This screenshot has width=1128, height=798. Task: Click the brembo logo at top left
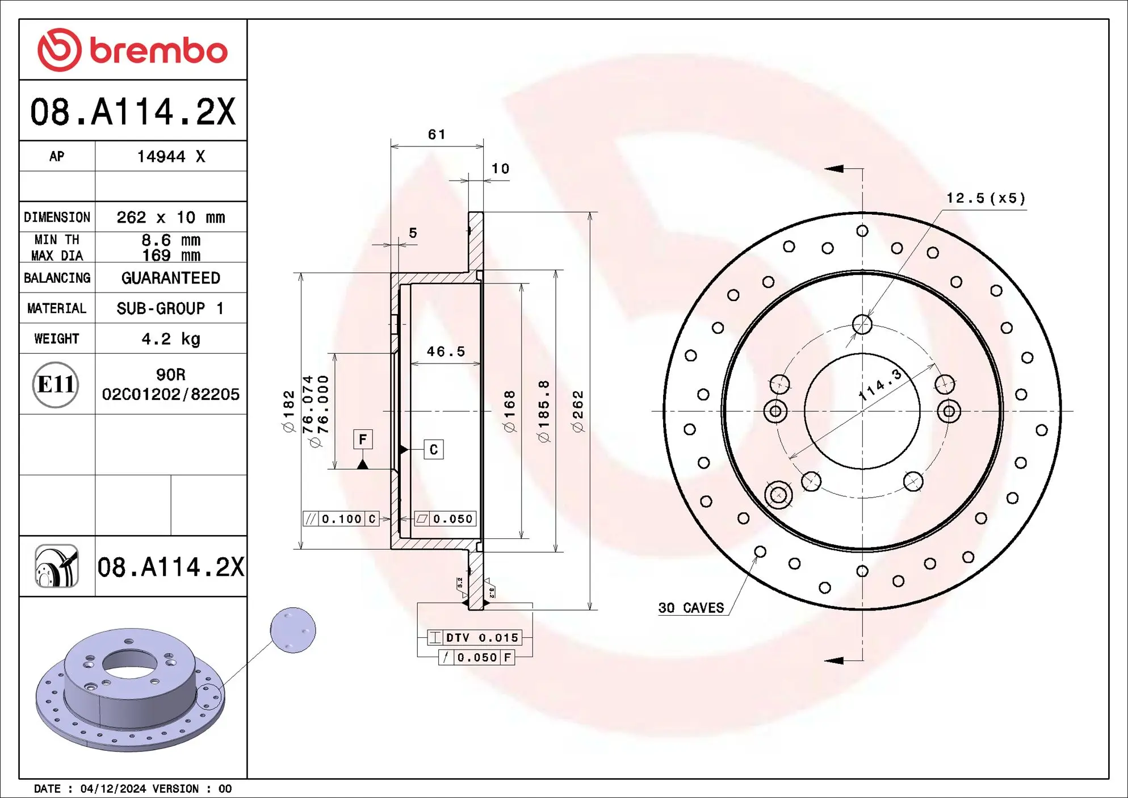(132, 50)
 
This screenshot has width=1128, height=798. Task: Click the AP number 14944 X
(171, 157)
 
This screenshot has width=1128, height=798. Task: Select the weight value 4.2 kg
(171, 339)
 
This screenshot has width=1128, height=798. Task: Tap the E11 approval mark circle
(56, 385)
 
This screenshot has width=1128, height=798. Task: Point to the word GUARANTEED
(171, 278)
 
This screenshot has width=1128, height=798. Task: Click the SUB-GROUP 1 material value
(171, 308)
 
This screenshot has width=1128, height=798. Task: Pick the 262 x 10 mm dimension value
(171, 218)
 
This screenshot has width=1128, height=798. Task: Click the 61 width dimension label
(437, 135)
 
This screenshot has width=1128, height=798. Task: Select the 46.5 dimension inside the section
(446, 352)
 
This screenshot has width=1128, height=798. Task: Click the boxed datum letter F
(363, 439)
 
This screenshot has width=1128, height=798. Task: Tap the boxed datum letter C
(434, 450)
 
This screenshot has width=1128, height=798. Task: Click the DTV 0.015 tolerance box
(475, 638)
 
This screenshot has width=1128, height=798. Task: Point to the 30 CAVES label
(691, 608)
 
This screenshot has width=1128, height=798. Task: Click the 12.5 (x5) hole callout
(986, 198)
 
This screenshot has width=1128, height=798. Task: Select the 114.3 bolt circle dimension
(880, 385)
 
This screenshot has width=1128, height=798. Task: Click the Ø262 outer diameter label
(578, 411)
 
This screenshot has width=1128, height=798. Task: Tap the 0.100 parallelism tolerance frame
(341, 519)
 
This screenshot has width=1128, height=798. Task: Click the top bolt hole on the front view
(862, 325)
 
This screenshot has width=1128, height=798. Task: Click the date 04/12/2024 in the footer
(114, 788)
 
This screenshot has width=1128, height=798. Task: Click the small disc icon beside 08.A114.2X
(57, 566)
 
